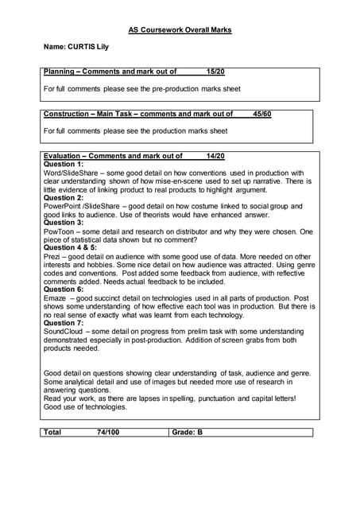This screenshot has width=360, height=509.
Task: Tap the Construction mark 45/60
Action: [261, 114]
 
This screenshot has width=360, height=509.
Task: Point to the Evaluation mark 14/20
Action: [215, 156]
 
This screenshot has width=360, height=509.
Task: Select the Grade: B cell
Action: [188, 433]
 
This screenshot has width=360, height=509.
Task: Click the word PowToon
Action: [59, 231]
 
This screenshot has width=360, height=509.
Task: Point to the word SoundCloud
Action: [64, 332]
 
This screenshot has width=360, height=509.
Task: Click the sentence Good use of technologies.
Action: [85, 406]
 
